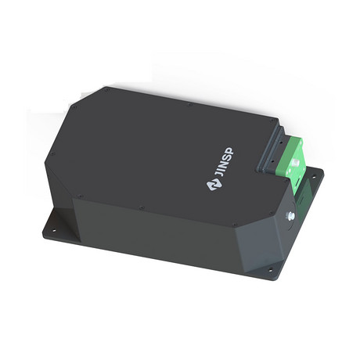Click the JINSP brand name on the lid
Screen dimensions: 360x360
coord(225,163)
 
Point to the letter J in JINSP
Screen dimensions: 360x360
coord(219,175)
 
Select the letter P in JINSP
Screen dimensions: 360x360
coord(230,151)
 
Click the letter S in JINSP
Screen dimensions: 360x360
coord(227,157)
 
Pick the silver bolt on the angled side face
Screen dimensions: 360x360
coord(290,215)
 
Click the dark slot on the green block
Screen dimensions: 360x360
coord(298,182)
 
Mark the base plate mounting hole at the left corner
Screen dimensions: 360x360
coord(54,231)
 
